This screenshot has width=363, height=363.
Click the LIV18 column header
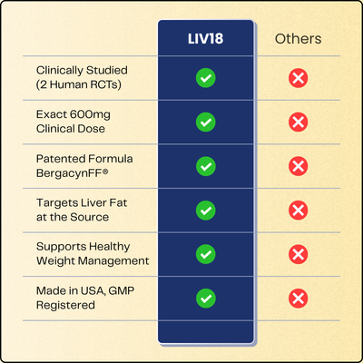[x=205, y=39]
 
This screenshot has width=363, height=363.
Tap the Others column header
[x=298, y=39]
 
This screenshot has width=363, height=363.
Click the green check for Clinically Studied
[x=206, y=78]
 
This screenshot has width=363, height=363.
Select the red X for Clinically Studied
[x=299, y=78]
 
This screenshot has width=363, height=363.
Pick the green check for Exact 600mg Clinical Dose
[x=206, y=123]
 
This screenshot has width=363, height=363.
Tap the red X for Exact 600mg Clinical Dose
[x=299, y=123]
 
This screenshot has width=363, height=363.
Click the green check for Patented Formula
[x=206, y=166]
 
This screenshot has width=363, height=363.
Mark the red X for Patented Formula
[x=299, y=166]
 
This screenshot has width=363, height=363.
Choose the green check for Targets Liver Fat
[x=206, y=211]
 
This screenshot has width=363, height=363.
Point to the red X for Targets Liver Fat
[x=299, y=211]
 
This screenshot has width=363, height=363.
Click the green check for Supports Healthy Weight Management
[x=206, y=254]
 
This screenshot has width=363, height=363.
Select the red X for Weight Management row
[x=299, y=254]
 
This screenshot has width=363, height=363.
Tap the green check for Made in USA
[x=206, y=299]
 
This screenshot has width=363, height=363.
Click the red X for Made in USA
[x=299, y=299]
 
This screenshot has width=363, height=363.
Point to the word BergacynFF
[x=69, y=173]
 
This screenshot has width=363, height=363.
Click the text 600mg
[x=90, y=114]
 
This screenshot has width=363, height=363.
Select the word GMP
[x=122, y=290]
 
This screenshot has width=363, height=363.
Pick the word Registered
[x=65, y=305]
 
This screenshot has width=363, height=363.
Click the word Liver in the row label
[x=92, y=202]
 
